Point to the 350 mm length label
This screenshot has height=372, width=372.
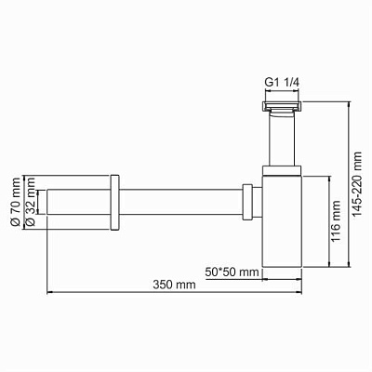[x=175, y=286]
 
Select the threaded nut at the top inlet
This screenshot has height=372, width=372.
[x=281, y=108]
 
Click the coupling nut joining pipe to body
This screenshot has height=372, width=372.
[x=248, y=202]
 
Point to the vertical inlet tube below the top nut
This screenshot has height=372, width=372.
[x=281, y=139]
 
